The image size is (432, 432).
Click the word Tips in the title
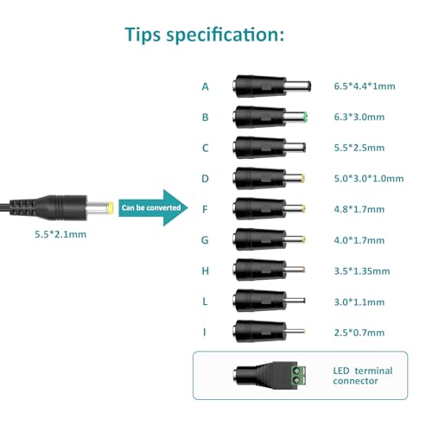(x=143, y=35)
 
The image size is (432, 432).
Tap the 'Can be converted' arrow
(x=153, y=207)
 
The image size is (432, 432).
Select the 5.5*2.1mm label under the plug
(x=60, y=234)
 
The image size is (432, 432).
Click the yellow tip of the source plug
(x=111, y=208)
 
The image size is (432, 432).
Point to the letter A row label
(x=205, y=86)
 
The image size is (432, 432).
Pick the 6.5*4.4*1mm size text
(x=365, y=86)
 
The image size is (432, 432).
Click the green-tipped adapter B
(x=270, y=117)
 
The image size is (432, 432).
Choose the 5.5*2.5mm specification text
(x=359, y=148)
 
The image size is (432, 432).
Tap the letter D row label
(x=205, y=179)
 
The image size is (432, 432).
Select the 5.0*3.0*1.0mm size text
(x=369, y=179)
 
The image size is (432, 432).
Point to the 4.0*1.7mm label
(x=359, y=240)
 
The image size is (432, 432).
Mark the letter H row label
(x=206, y=271)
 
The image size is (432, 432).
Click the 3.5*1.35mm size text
(x=362, y=271)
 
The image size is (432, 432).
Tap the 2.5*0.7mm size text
(x=359, y=333)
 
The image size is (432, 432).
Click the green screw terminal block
(x=298, y=376)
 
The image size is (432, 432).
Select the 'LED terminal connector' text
(x=363, y=376)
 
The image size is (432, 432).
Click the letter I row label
(x=205, y=333)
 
